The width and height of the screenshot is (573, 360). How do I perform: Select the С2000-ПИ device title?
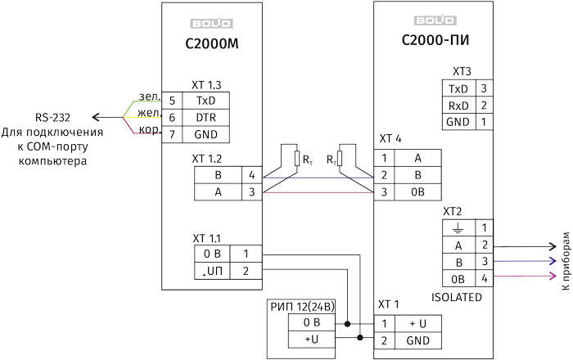point(435,39)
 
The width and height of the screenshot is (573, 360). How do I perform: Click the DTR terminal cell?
point(205,117)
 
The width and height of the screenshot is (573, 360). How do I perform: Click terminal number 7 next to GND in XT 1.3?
point(172,134)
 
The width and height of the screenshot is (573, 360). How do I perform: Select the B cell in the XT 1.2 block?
point(218,175)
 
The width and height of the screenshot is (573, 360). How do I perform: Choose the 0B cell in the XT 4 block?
point(417,191)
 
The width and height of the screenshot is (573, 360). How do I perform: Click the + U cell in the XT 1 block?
point(417,323)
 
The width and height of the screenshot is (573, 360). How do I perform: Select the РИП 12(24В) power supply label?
point(303,307)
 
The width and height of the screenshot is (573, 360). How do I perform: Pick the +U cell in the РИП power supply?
point(311,339)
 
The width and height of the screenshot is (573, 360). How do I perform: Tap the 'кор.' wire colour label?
point(148,130)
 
